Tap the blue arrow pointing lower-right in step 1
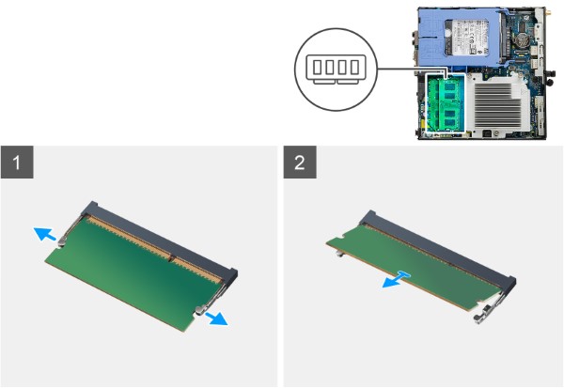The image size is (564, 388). [215, 318]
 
